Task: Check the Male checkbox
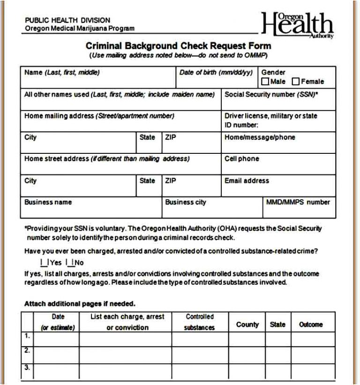265,82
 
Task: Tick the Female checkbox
296,82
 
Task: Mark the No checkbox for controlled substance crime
68,263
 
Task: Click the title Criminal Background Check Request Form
178,46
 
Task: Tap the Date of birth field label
216,73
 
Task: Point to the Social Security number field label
271,94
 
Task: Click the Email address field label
247,181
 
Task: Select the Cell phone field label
241,159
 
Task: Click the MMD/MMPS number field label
298,202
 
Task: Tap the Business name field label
48,202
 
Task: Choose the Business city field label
185,202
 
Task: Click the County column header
247,325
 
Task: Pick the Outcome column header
311,325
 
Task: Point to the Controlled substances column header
199,322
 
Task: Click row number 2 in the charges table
27,350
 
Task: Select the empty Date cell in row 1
57,339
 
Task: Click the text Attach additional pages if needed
80,303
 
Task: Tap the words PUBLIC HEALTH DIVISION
67,20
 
